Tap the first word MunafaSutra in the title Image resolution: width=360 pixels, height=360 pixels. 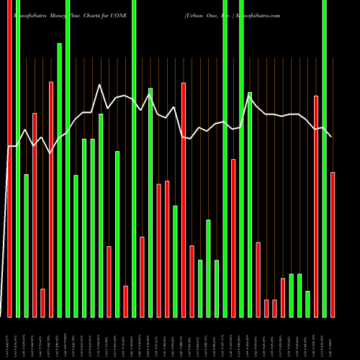(x=24, y=4)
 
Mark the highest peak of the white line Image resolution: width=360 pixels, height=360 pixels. (x=100, y=85)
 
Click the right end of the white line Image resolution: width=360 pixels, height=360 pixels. (x=331, y=137)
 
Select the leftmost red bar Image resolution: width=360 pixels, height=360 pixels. (x=9, y=158)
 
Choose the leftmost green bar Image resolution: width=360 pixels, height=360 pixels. (x=18, y=158)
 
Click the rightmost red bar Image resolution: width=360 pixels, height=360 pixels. (x=333, y=244)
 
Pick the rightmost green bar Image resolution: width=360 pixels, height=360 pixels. (x=324, y=158)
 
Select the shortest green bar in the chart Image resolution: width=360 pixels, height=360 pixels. (x=307, y=303)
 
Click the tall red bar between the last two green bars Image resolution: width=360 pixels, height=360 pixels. (x=315, y=206)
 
